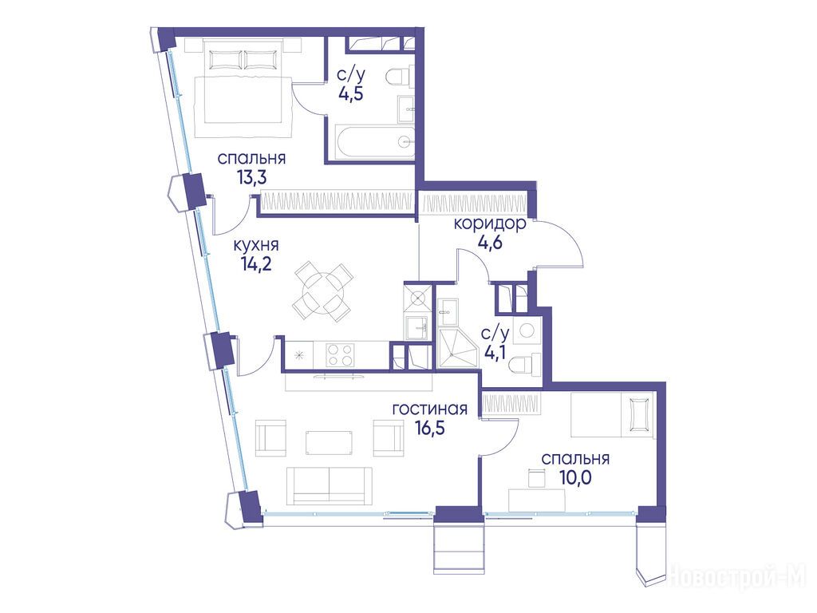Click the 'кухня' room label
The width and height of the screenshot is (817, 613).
tap(256, 244)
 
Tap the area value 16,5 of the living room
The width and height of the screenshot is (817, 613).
tap(430, 428)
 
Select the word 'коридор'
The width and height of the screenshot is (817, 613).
tap(490, 223)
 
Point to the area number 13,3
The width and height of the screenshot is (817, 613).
tap(251, 178)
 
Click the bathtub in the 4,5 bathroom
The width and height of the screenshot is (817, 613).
tap(374, 142)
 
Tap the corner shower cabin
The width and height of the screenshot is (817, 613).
tap(457, 348)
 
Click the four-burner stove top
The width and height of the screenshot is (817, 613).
tap(340, 354)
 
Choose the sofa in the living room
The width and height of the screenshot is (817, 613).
tap(329, 485)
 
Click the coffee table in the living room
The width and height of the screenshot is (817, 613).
tap(329, 442)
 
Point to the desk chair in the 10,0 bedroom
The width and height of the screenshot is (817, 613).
tap(536, 477)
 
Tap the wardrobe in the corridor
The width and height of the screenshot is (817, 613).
tap(476, 203)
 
